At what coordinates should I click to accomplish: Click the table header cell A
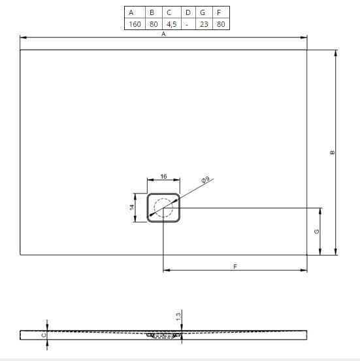135,12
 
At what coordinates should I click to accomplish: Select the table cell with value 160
135,24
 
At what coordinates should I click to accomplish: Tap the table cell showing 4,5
172,24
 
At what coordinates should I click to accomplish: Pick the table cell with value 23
204,24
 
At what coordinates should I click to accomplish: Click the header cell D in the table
188,12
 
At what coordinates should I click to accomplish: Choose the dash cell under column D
188,24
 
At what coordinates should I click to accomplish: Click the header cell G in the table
204,12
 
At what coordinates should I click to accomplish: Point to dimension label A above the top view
163,34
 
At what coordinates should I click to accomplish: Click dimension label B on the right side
332,152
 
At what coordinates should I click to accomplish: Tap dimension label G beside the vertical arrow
317,231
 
